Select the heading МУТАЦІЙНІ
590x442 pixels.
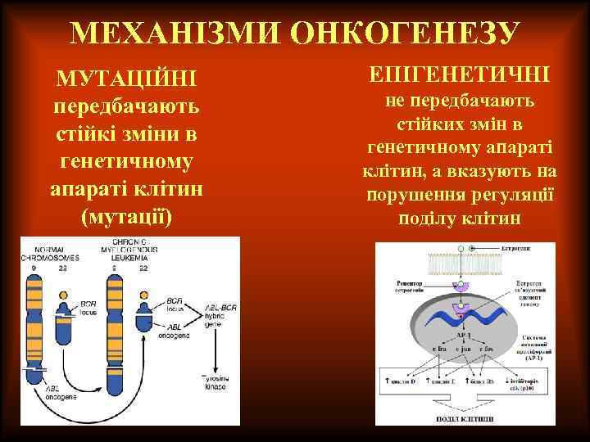[x=125, y=81]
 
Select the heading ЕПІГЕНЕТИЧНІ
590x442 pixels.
[x=460, y=75]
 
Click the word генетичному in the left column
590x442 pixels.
[x=125, y=161]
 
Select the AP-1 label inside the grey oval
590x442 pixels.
[x=462, y=336]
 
